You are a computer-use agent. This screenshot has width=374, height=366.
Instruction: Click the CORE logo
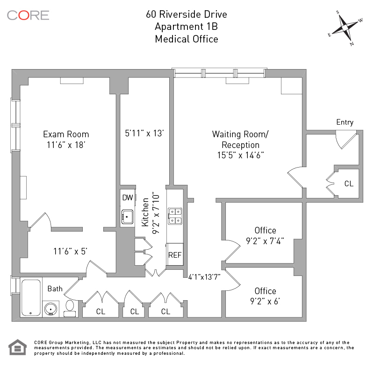(x=28, y=15)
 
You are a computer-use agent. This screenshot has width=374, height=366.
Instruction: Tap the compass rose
(x=345, y=28)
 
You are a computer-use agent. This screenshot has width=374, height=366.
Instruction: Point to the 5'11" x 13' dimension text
(x=144, y=134)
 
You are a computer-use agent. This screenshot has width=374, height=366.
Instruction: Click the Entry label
(x=345, y=122)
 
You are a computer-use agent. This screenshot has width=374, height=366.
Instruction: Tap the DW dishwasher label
(x=128, y=197)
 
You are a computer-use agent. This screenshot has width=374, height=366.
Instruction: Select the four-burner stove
(x=175, y=216)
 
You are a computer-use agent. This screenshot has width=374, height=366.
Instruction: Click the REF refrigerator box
(x=175, y=255)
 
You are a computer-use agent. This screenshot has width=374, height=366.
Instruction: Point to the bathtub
(x=31, y=298)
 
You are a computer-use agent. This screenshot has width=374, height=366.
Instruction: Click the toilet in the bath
(x=70, y=308)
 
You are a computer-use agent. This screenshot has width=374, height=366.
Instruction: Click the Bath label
(x=55, y=289)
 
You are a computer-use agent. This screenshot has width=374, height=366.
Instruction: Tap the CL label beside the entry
(x=349, y=183)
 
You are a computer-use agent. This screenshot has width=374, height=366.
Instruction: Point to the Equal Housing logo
(x=17, y=347)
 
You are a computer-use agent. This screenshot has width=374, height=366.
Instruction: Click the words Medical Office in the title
(x=187, y=39)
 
